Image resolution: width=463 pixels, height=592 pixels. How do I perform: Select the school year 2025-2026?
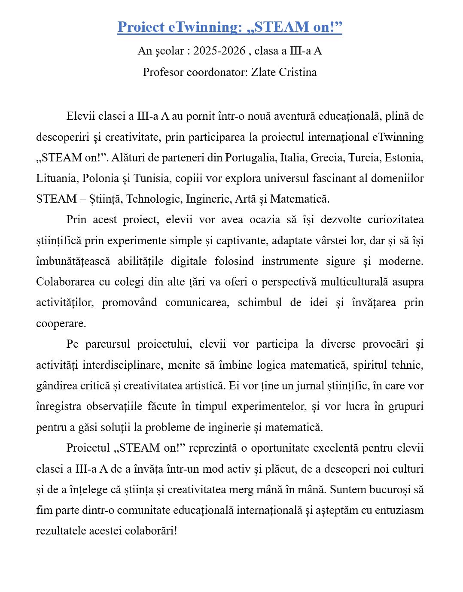[219, 51]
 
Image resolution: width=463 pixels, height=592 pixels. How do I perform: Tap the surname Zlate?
[263, 72]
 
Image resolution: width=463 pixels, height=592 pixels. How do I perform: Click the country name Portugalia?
[250, 158]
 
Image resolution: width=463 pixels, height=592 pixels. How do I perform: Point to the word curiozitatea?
[395, 220]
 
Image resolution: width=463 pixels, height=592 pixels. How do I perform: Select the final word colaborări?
[150, 531]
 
